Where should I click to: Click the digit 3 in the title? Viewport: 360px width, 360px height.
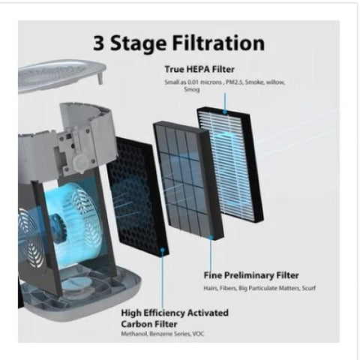pyautogui.click(x=99, y=43)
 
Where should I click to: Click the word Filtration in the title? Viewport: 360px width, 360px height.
pyautogui.click(x=218, y=43)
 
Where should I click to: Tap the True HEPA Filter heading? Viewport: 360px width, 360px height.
pyautogui.click(x=199, y=69)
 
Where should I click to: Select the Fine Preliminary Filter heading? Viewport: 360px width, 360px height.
pyautogui.click(x=251, y=275)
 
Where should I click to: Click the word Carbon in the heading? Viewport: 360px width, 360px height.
pyautogui.click(x=136, y=324)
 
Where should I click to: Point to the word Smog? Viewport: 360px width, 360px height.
pyautogui.click(x=192, y=89)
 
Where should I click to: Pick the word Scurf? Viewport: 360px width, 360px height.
pyautogui.click(x=309, y=288)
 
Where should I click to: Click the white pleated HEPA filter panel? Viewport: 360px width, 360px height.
pyautogui.click(x=230, y=165)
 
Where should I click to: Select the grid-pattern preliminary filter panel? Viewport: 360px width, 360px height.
pyautogui.click(x=188, y=180)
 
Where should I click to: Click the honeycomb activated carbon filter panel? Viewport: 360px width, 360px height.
pyautogui.click(x=138, y=195)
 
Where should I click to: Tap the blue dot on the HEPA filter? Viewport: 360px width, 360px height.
pyautogui.click(x=225, y=112)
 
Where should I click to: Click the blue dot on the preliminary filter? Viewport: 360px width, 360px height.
pyautogui.click(x=211, y=237)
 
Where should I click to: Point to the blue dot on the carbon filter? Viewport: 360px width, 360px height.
pyautogui.click(x=163, y=250)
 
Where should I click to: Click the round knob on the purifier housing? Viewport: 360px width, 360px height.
pyautogui.click(x=80, y=162)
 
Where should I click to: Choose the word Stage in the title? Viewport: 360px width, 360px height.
pyautogui.click(x=138, y=43)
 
